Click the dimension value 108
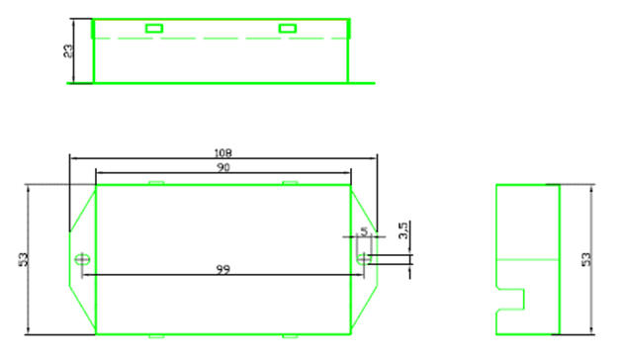point(222,152)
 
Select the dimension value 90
point(222,167)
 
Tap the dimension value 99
point(222,269)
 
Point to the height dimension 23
point(68,50)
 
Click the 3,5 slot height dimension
point(402,230)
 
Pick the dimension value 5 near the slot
point(364,230)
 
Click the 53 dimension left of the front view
point(24,259)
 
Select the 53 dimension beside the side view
point(586,259)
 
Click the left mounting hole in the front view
point(82,260)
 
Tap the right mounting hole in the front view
point(364,260)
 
